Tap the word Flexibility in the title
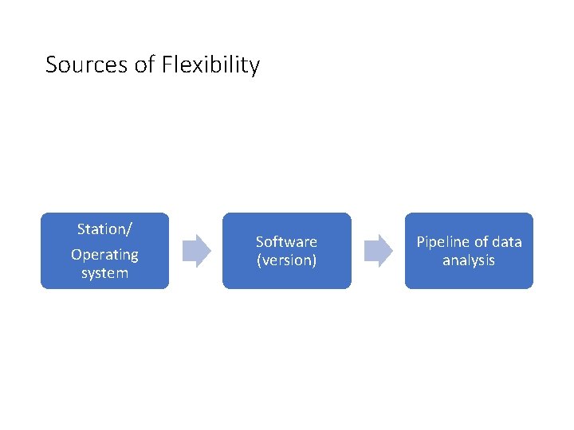[210, 64]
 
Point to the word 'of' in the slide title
[146, 64]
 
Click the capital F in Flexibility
[167, 64]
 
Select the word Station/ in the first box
[104, 229]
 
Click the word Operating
[104, 255]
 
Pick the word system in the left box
[104, 273]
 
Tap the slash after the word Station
[129, 229]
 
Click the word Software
[286, 241]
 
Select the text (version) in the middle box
[286, 260]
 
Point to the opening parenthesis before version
[258, 260]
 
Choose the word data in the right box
[507, 241]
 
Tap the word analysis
[469, 260]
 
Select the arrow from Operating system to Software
[196, 251]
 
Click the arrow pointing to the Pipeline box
[378, 251]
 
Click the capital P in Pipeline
[420, 241]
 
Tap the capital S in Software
[259, 241]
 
